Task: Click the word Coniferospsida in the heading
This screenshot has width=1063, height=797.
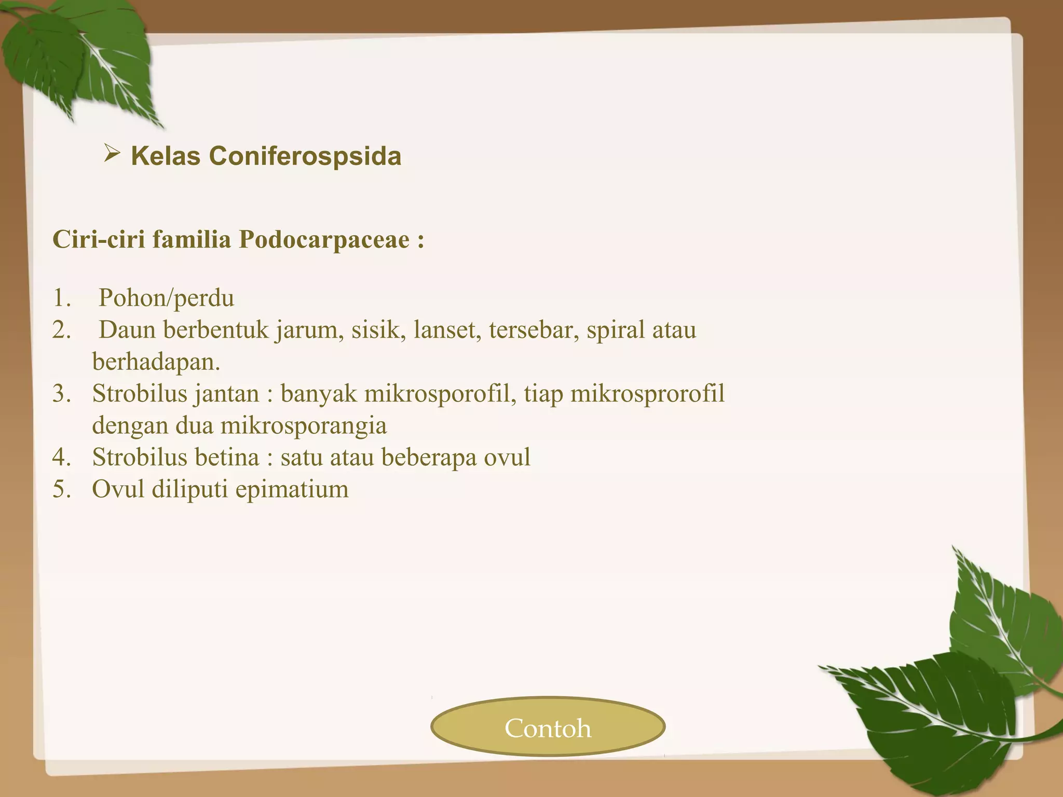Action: coord(305,156)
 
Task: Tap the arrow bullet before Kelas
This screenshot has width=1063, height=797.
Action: coord(112,154)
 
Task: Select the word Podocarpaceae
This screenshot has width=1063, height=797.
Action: coord(324,240)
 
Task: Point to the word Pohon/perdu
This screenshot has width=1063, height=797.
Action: coord(166,298)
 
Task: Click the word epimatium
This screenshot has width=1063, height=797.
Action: coord(292,490)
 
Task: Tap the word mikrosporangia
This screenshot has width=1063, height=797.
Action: coord(304,426)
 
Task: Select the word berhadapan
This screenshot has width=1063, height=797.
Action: coord(156,362)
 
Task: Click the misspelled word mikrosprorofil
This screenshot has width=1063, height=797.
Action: coord(647,394)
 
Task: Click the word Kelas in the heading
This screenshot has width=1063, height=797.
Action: coord(166,156)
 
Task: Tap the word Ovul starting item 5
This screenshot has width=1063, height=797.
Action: coord(118,489)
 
